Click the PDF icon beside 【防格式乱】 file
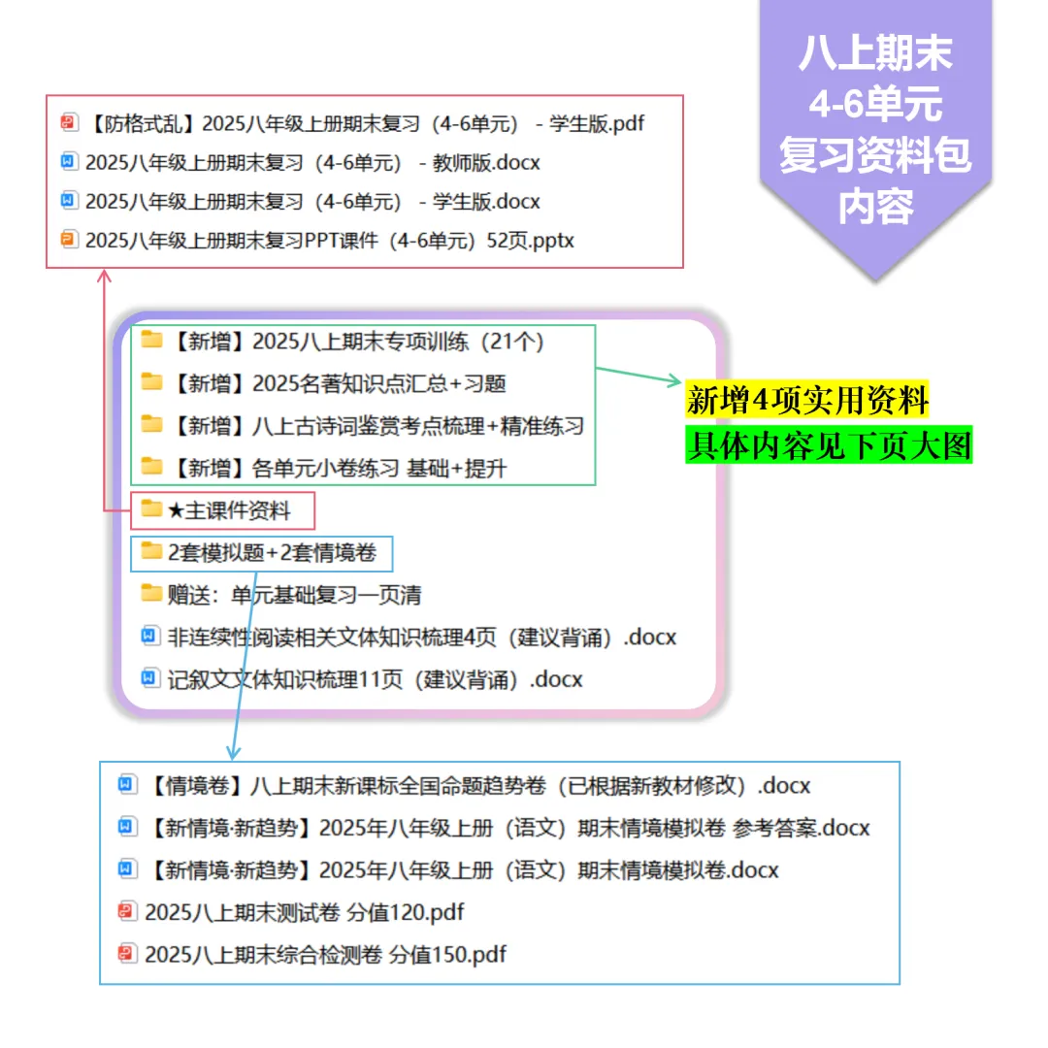(68, 123)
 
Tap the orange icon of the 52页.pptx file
(68, 240)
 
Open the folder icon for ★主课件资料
(150, 509)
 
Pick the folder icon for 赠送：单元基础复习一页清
(150, 594)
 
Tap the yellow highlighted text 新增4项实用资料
(807, 400)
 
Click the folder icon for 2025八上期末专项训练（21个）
(150, 341)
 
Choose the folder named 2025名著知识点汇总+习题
(340, 383)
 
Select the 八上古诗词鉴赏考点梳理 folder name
(378, 425)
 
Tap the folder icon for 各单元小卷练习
(150, 467)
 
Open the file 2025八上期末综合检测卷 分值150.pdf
(325, 954)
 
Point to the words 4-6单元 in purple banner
(875, 104)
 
